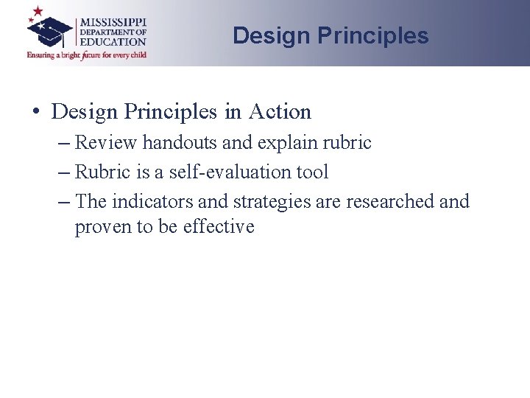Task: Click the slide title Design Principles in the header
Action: tap(331, 35)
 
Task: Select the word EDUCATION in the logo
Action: tap(113, 42)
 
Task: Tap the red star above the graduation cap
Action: tap(35, 12)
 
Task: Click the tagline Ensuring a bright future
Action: tap(87, 55)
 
